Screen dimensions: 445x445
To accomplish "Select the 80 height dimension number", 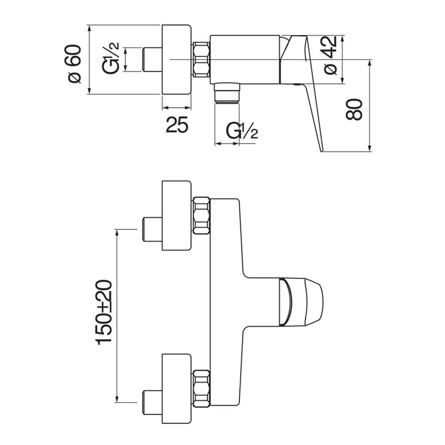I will (x=356, y=108).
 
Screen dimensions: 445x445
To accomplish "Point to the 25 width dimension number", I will (x=177, y=125).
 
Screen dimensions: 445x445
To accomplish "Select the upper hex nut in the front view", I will (x=202, y=215).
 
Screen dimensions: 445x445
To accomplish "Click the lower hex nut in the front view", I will (x=202, y=388).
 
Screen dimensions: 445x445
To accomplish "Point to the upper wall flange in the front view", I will (x=177, y=216).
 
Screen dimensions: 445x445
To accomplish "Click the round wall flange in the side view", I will (x=177, y=59).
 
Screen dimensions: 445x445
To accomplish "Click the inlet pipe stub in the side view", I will (x=152, y=60).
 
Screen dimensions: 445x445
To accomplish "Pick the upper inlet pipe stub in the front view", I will (x=152, y=229).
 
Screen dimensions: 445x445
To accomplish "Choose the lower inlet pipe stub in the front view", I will (x=152, y=402).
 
